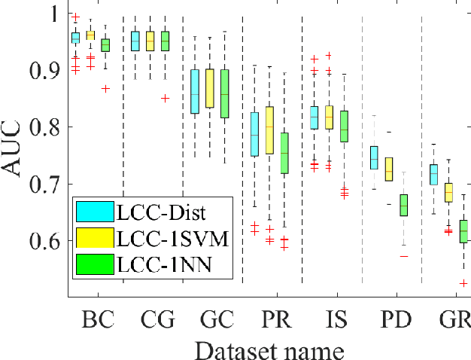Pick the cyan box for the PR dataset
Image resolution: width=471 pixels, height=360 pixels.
coord(254,134)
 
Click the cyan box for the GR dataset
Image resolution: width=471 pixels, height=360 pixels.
coord(433,174)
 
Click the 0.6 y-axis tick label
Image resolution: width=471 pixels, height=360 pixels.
coord(44,241)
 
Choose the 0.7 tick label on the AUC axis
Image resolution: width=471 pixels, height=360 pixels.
coord(44,185)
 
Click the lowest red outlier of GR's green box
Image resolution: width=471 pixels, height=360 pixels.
coord(463,283)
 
